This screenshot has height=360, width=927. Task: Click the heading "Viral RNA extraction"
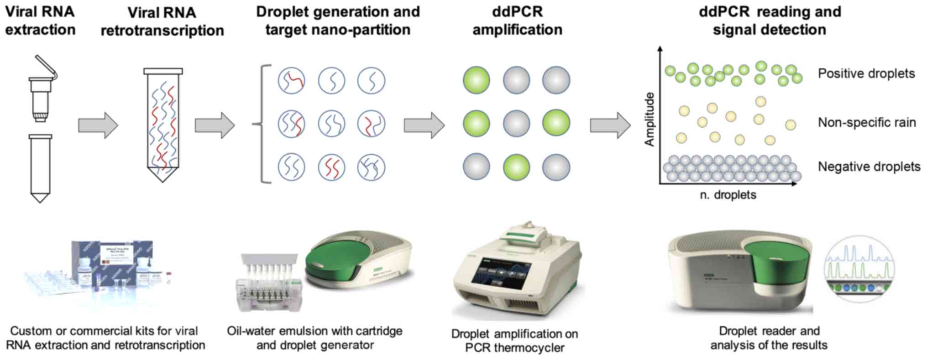pos(40,21)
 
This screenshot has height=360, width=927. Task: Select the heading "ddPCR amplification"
pos(517,21)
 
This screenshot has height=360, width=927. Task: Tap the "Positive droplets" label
pos(866,73)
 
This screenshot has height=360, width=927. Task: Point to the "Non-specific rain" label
pos(866,122)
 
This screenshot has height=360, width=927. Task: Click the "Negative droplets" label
pos(869,167)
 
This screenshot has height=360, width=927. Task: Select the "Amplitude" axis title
pos(649,119)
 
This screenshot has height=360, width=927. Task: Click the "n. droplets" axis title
pos(728,195)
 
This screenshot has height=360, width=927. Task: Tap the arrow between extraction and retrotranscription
pos(98,125)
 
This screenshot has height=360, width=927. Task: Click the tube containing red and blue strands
pos(162,125)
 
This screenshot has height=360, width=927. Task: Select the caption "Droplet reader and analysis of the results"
pos(769,338)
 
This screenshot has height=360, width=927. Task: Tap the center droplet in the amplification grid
pos(516,123)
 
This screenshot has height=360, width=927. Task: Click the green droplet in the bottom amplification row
pos(516,167)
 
